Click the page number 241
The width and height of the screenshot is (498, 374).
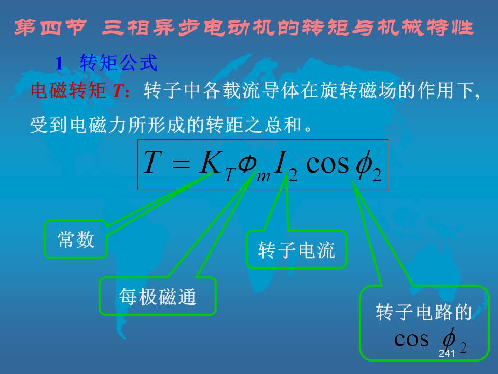[x=447, y=353]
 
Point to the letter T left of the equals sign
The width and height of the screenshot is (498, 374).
[x=153, y=162]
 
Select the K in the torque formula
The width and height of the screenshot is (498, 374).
[x=210, y=162]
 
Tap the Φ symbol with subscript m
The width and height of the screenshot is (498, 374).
[x=247, y=165]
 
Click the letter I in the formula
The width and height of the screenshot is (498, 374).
[x=281, y=162]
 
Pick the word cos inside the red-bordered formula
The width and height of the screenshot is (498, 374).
[x=327, y=165]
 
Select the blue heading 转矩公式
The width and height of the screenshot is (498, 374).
[x=118, y=63]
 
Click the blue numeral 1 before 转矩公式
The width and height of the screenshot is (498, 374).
[x=59, y=63]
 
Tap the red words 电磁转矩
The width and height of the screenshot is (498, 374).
[x=68, y=90]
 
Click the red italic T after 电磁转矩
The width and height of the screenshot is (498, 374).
[x=118, y=90]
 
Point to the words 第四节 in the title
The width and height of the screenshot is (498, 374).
[x=50, y=28]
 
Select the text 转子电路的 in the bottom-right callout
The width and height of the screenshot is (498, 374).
[x=424, y=312]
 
